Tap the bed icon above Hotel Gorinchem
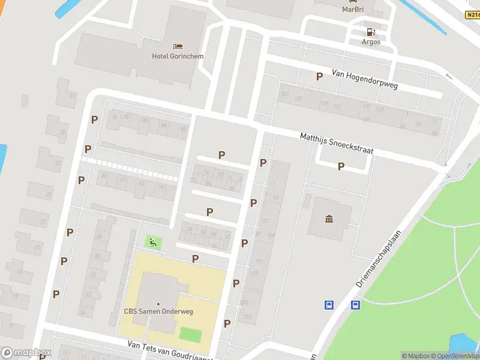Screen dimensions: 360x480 coord(178,46)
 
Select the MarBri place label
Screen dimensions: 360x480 coord(353,9)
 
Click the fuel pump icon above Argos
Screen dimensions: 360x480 coord(371,32)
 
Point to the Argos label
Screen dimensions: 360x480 coord(371,42)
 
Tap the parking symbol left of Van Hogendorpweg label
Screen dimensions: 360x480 coord(319,76)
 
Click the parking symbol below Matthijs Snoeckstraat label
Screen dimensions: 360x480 coord(341,167)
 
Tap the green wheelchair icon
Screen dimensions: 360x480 coord(153,242)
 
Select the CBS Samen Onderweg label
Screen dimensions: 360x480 coord(158,311)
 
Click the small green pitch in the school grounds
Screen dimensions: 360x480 coord(190,333)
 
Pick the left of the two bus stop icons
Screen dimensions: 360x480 coord(329,305)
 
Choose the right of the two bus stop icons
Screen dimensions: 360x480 coord(355,305)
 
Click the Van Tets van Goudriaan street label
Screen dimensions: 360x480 coord(169,350)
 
